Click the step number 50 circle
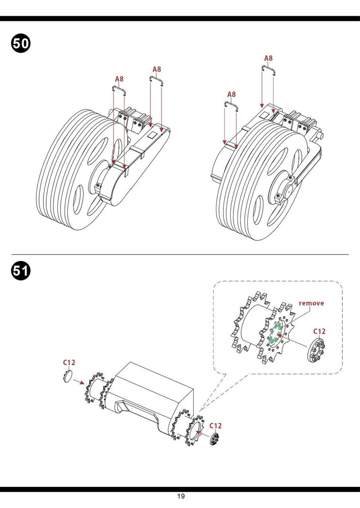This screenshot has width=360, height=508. click(x=21, y=43)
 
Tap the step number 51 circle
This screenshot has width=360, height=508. click(x=21, y=270)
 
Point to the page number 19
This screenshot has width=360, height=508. click(x=181, y=496)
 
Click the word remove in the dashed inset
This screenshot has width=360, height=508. click(x=311, y=303)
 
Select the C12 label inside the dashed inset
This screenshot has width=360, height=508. click(x=319, y=331)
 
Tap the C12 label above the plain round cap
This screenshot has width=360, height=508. click(x=69, y=362)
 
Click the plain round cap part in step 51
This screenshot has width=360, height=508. click(x=67, y=376)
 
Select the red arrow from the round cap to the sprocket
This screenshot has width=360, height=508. click(x=79, y=382)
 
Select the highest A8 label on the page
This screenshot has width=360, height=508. click(x=268, y=58)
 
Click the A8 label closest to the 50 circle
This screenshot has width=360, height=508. click(x=119, y=79)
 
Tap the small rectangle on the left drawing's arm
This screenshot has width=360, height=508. click(x=152, y=134)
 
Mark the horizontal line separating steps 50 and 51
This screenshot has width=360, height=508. click(x=180, y=254)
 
